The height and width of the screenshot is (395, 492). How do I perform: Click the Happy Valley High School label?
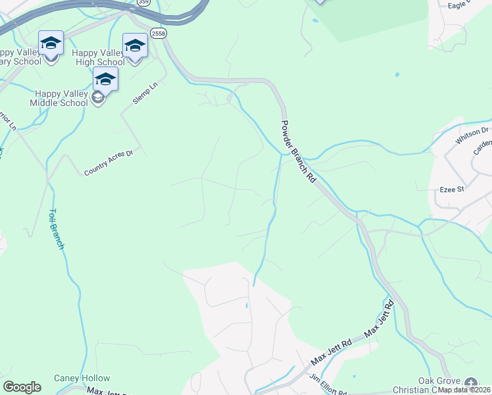(x=98, y=57)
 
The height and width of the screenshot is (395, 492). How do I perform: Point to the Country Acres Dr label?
(x=109, y=163)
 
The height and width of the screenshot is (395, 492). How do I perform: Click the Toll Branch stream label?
(x=57, y=229)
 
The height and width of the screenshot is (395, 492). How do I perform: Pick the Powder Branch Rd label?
(x=299, y=151)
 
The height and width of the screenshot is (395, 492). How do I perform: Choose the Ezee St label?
(x=452, y=189)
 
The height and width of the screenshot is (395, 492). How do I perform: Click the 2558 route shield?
(x=158, y=33)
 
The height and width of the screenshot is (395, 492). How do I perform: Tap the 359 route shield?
(x=143, y=3)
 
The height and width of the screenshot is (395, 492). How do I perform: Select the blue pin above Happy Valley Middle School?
(x=105, y=79)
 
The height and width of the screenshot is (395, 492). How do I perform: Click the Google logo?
(x=22, y=387)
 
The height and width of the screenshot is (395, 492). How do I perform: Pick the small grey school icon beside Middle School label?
(x=98, y=99)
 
